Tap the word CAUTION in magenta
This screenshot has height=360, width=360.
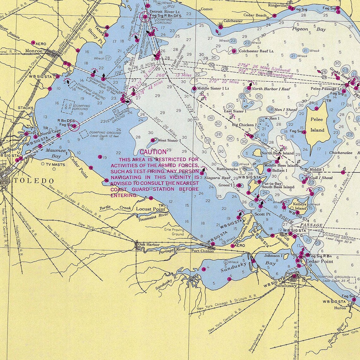[x=153, y=152]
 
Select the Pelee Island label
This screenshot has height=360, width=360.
[x=317, y=125]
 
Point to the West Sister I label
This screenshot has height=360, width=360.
[x=169, y=140]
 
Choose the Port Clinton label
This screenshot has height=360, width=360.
[x=203, y=251]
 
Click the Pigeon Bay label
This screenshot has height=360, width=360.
[x=309, y=29]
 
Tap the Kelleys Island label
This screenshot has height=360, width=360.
[x=300, y=206]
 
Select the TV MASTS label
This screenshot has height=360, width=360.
[x=55, y=165]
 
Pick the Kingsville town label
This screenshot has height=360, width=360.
[x=277, y=6]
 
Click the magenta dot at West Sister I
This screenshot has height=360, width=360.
[x=153, y=140]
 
